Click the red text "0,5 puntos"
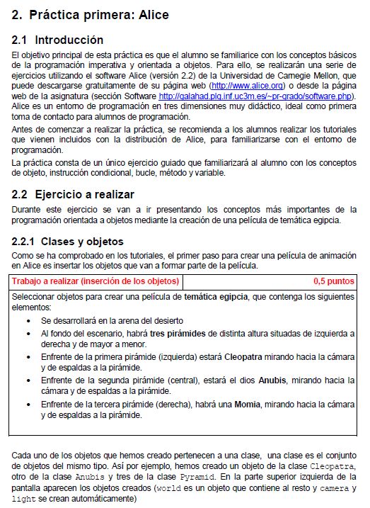(333, 281)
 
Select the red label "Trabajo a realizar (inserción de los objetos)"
(96, 281)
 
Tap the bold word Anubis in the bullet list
(273, 380)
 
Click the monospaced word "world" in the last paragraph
(164, 489)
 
